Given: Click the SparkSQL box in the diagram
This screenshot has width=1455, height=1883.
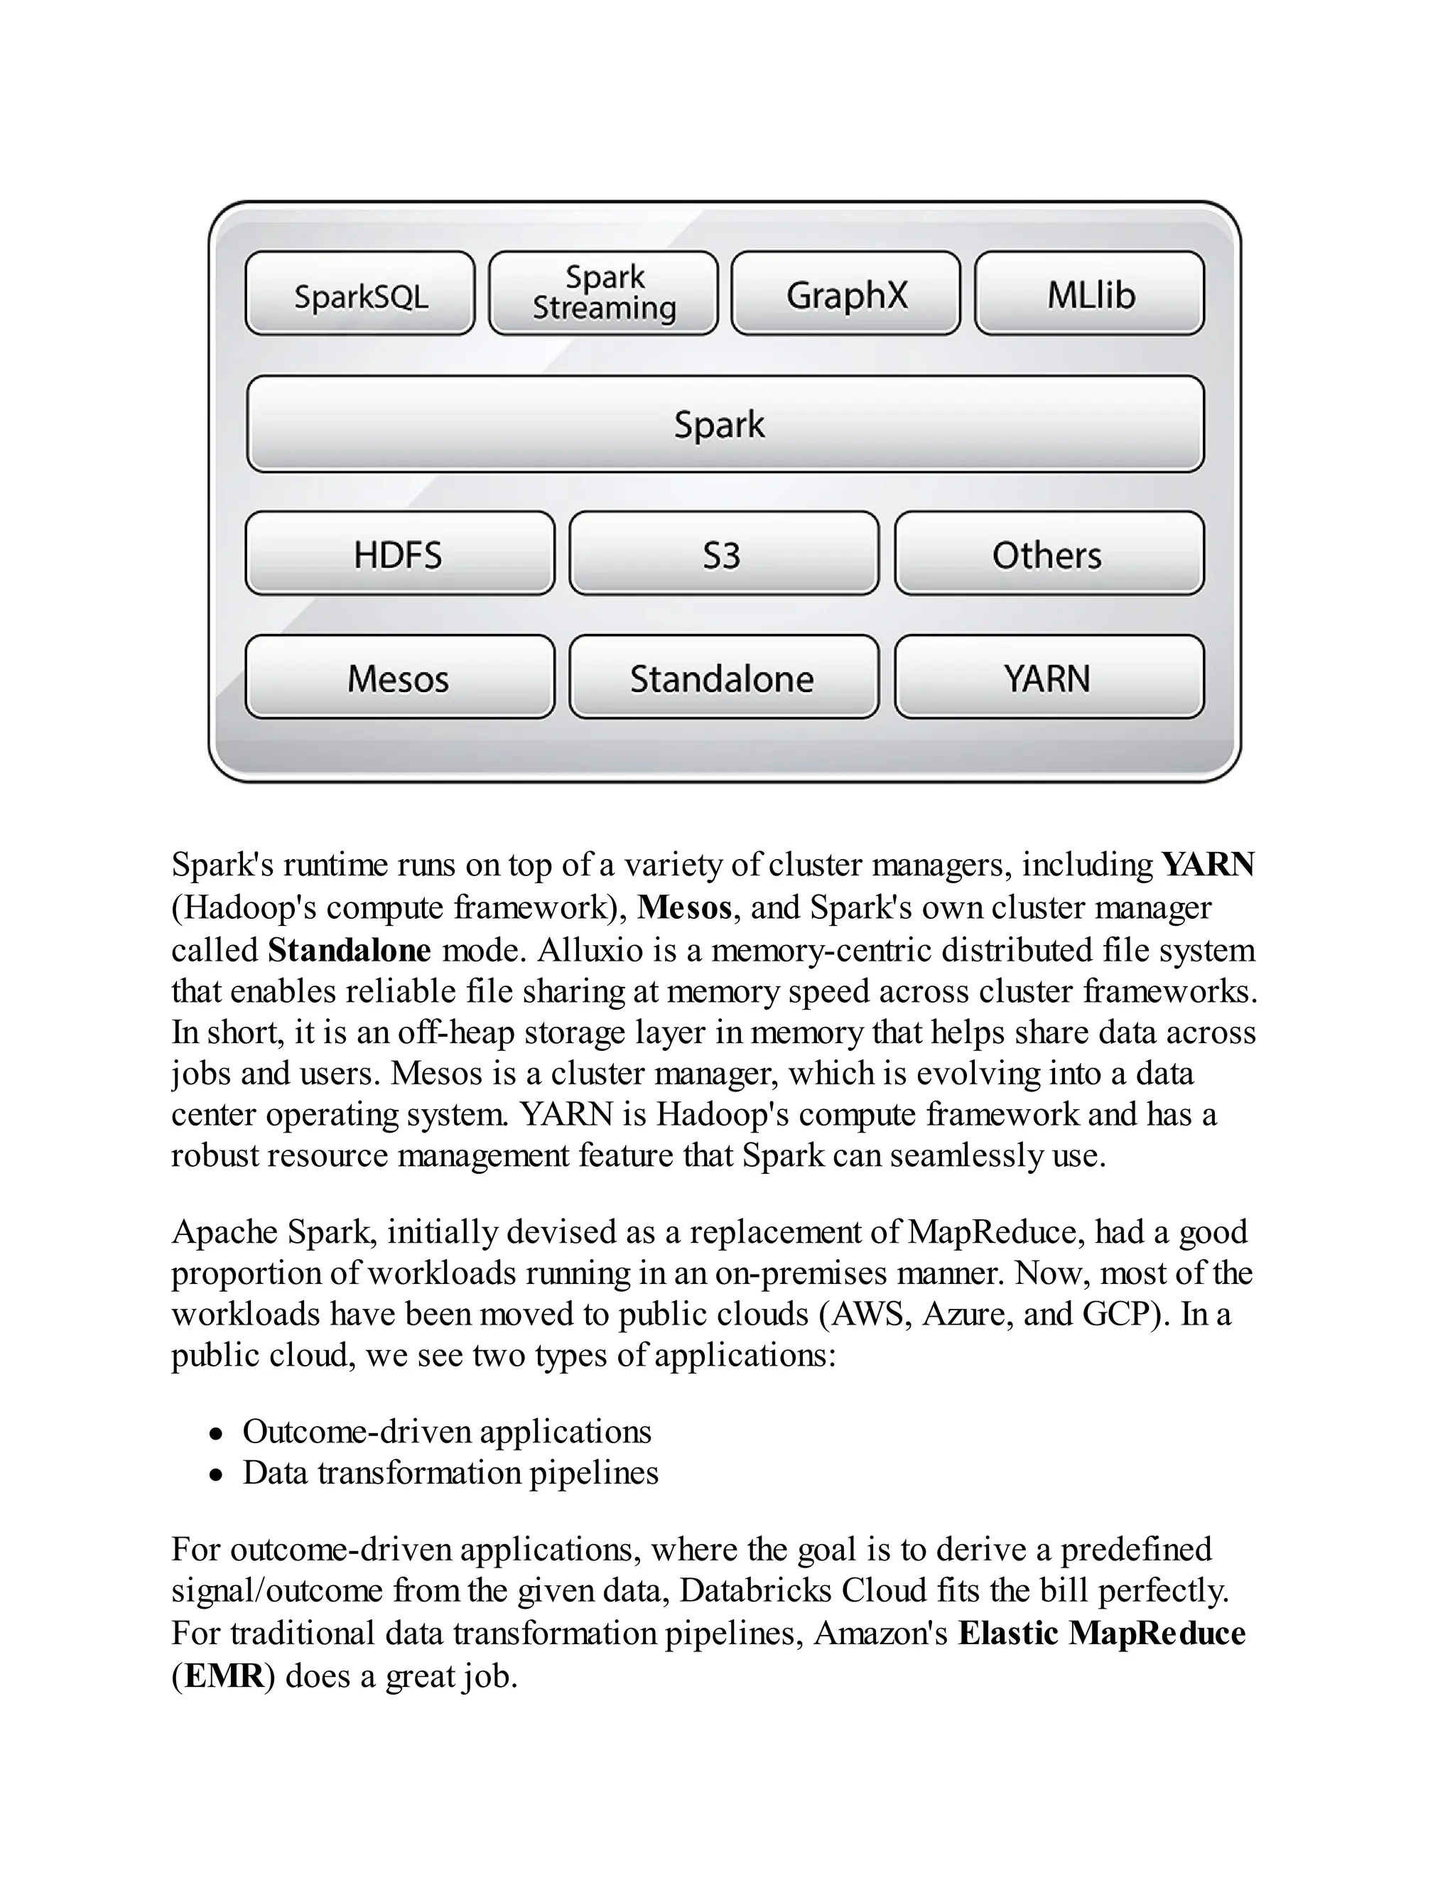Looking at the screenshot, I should [359, 293].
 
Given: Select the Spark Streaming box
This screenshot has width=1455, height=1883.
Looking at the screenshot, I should [602, 293].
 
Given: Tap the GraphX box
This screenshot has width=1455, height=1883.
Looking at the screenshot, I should [845, 293].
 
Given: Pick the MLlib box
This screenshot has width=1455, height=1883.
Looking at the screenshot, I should [1090, 293].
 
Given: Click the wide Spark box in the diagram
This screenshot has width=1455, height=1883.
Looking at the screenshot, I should [724, 423].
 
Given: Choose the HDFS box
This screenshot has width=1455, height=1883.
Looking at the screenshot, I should [399, 554].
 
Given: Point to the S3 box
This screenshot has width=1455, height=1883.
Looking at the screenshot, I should [723, 554].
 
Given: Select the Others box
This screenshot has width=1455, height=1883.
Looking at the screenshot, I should [1048, 554].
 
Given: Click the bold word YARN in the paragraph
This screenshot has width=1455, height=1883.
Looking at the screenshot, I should [1208, 864].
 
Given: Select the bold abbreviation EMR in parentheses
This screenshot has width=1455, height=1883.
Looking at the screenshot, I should [223, 1676].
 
